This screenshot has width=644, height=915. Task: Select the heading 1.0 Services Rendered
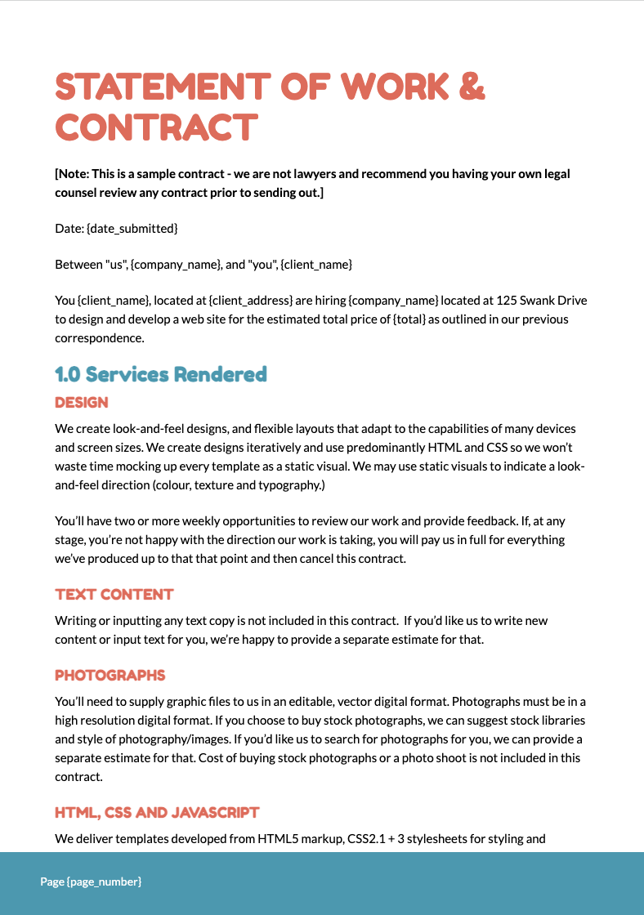[x=161, y=374]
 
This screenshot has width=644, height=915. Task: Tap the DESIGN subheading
[x=82, y=403]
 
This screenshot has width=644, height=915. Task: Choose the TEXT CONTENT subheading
[x=114, y=594]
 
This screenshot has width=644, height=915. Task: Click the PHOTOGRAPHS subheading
[x=110, y=676]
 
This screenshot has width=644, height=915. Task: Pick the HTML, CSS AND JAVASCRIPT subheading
[x=157, y=812]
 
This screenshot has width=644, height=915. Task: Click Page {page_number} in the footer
[x=92, y=882]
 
